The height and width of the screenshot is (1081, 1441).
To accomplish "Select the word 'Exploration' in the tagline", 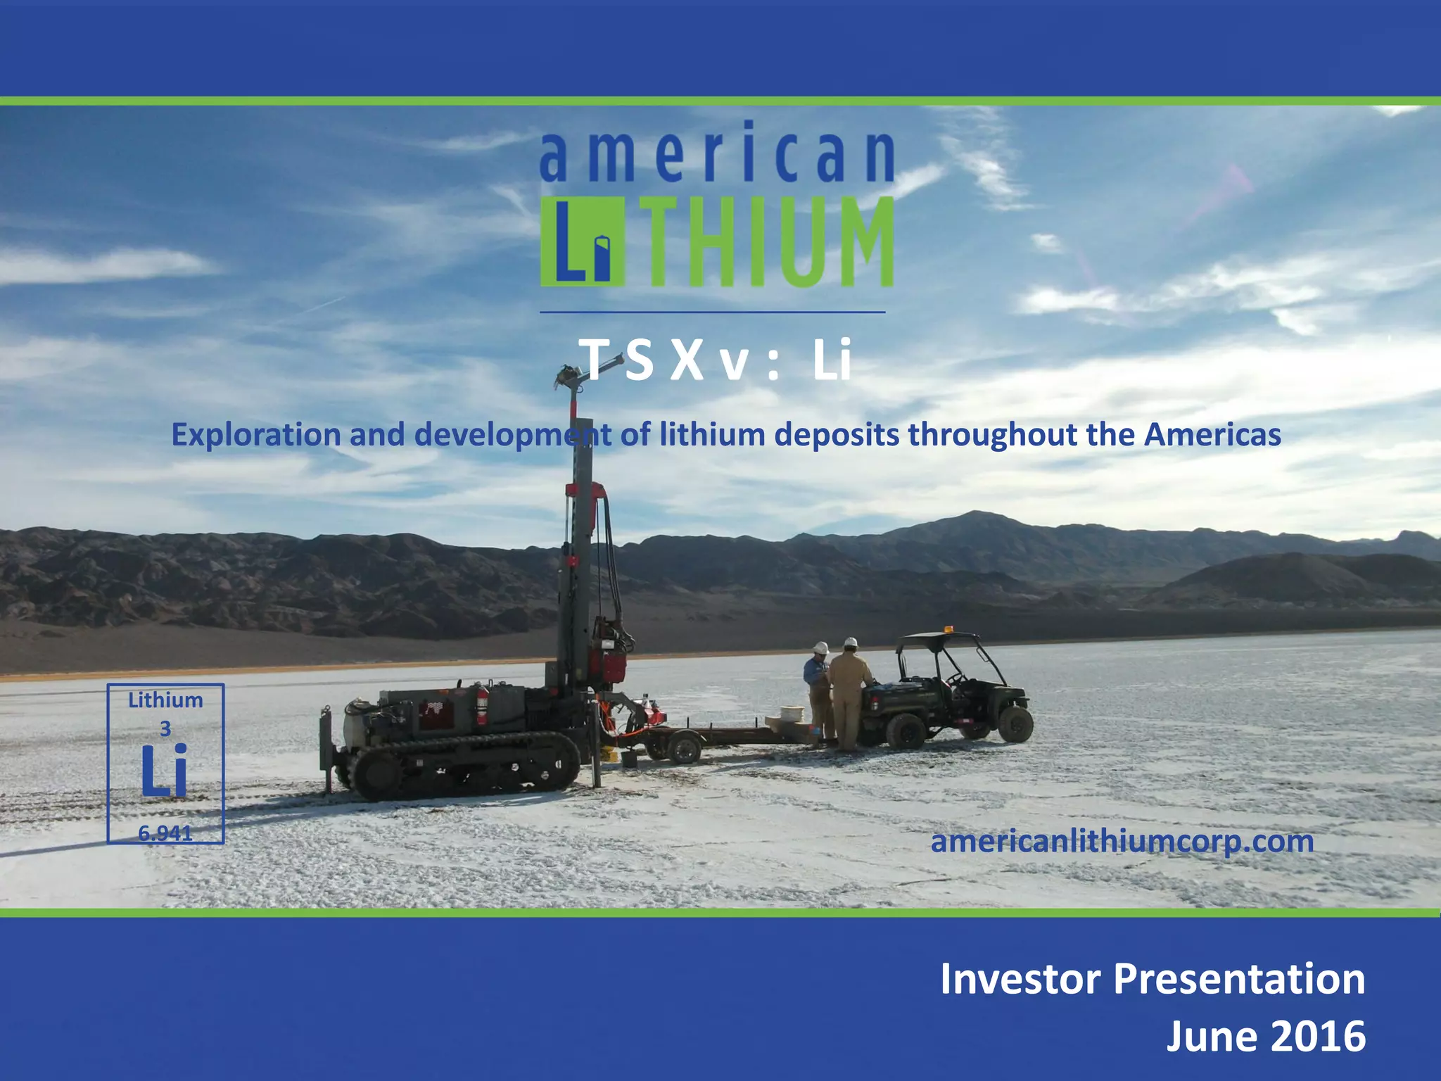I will coord(256,435).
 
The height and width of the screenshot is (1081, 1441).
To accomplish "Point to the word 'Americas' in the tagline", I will coord(1212,435).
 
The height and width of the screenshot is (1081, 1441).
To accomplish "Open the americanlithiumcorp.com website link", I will coord(1122,842).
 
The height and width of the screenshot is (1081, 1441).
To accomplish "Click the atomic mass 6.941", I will coord(165,833).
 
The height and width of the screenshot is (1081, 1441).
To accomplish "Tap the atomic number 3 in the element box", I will coord(165,729).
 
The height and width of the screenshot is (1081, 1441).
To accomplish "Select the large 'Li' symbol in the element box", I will coord(165,771).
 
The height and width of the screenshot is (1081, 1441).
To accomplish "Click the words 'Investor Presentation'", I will coord(1153,979).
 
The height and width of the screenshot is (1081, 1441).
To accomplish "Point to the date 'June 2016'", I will coord(1266,1036).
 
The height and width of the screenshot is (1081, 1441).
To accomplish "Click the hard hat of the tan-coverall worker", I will coord(851,643).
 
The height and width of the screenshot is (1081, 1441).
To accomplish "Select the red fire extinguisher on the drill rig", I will coord(481,704).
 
